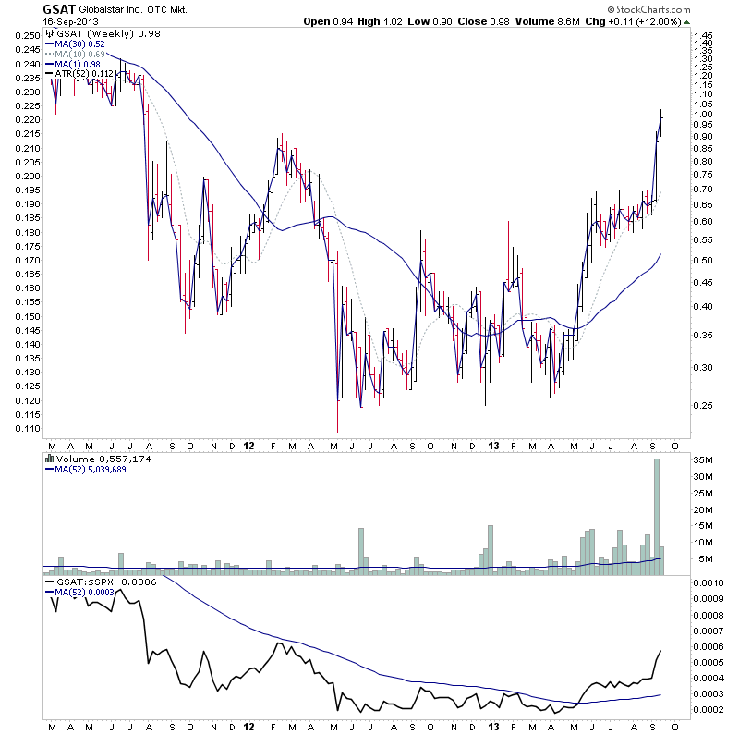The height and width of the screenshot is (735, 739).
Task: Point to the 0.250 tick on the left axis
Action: [x=27, y=35]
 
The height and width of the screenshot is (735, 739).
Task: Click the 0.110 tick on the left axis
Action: [x=27, y=429]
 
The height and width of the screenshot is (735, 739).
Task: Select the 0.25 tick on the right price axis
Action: [x=704, y=405]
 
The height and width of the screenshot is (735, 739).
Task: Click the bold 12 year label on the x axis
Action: [x=248, y=445]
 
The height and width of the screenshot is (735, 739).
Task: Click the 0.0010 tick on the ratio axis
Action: [x=709, y=583]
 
